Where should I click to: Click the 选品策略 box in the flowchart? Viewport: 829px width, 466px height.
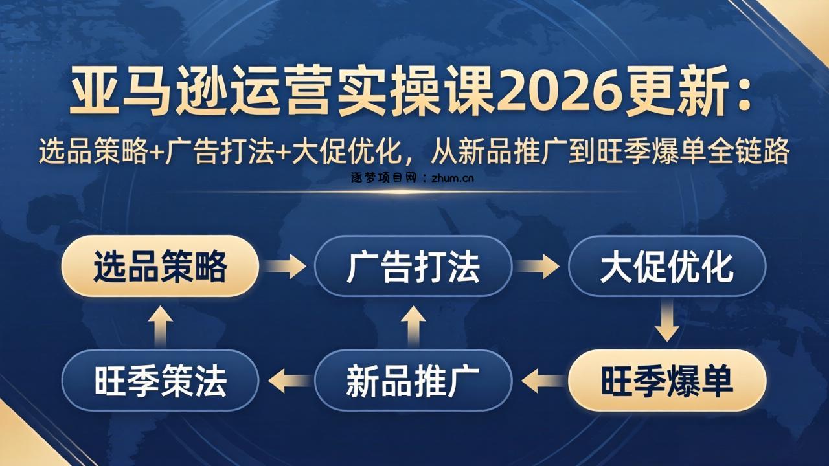pyautogui.click(x=160, y=266)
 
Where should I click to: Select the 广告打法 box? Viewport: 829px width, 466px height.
pyautogui.click(x=413, y=266)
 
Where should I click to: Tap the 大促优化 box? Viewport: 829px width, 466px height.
pyautogui.click(x=666, y=266)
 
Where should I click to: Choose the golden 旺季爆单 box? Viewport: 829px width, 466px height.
pyautogui.click(x=666, y=381)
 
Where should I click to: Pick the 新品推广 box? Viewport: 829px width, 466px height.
pyautogui.click(x=413, y=381)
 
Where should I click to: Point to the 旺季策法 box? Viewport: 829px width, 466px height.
pyautogui.click(x=160, y=381)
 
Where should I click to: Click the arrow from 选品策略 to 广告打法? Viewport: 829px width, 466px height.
pyautogui.click(x=286, y=266)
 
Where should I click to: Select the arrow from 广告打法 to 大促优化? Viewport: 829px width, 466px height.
pyautogui.click(x=539, y=266)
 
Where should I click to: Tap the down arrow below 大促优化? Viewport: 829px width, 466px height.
pyautogui.click(x=666, y=324)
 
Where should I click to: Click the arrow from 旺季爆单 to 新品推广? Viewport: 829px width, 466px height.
pyautogui.click(x=540, y=381)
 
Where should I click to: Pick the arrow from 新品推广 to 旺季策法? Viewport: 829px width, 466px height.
pyautogui.click(x=287, y=381)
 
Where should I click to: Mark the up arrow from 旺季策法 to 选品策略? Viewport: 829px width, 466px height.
pyautogui.click(x=160, y=324)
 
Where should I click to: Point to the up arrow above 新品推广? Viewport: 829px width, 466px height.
pyautogui.click(x=413, y=324)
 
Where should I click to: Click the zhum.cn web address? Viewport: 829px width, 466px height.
pyautogui.click(x=451, y=176)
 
